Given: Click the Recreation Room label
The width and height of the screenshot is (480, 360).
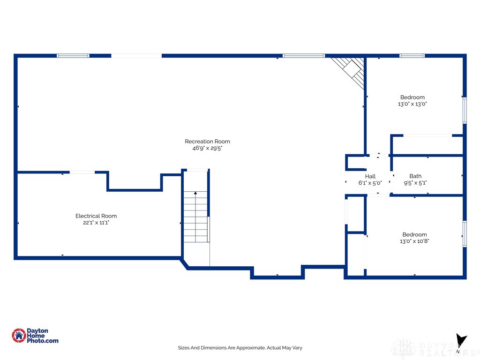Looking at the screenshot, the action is (x=207, y=142).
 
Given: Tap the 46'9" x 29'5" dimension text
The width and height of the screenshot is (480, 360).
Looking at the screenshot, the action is (x=207, y=148).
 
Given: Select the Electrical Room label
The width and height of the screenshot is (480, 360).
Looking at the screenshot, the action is (x=96, y=216).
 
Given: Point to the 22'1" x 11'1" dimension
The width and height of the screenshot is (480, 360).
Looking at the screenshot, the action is (x=96, y=223).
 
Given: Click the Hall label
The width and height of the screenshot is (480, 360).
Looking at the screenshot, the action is (x=370, y=176).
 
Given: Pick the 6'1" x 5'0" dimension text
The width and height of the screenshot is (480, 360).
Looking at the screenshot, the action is (x=370, y=183).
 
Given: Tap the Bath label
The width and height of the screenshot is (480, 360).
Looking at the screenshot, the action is (x=415, y=176).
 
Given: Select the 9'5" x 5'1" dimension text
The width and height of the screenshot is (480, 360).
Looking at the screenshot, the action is (x=415, y=183).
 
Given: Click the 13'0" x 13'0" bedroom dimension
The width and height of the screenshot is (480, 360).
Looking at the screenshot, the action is (x=412, y=104).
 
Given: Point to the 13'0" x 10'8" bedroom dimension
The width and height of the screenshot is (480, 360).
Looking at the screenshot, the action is (x=414, y=241).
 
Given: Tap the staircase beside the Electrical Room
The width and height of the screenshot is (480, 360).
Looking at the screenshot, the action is (x=196, y=217).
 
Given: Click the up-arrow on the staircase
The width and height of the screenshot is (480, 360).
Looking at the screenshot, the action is (x=195, y=193).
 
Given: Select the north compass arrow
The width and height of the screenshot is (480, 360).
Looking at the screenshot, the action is (x=461, y=340).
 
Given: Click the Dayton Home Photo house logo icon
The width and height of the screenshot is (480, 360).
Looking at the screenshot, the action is (x=19, y=336).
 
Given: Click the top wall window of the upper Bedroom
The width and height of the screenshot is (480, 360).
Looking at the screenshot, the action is (x=412, y=56).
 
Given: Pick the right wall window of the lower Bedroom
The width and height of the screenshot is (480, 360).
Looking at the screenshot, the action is (x=465, y=234).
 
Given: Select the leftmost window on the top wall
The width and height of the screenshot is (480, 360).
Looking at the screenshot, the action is (x=73, y=56).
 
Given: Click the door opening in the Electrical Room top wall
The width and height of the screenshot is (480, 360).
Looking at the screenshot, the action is (x=82, y=172).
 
